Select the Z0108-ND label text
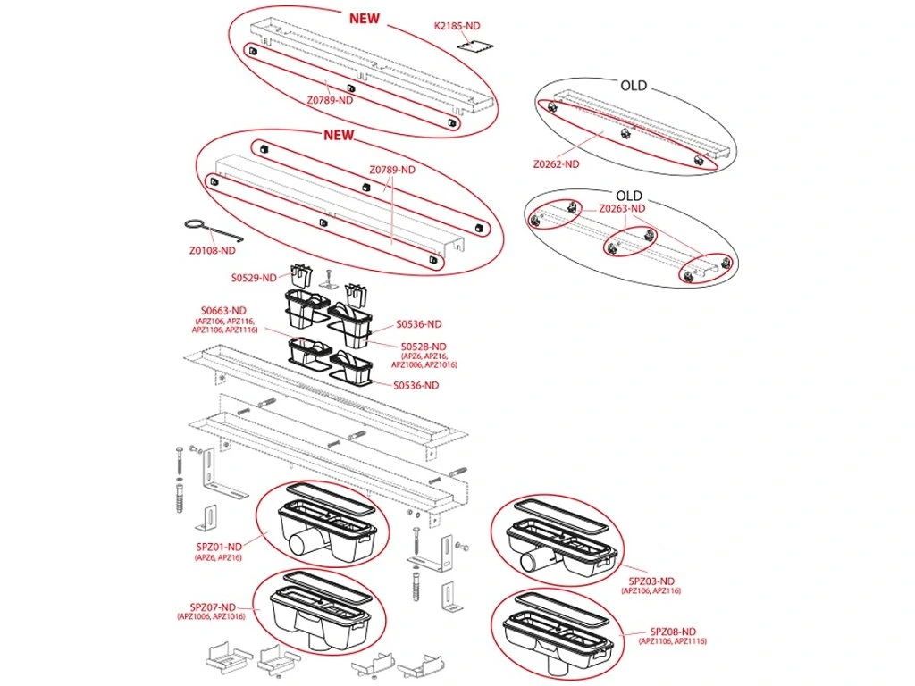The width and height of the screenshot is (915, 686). tap(212, 251)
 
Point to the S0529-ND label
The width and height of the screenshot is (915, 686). tap(255, 278)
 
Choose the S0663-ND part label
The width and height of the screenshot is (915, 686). tap(223, 310)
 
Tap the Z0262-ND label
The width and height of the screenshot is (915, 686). tap(556, 164)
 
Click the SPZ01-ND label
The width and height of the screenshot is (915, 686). tap(219, 547)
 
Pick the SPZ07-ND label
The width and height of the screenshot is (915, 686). tap(212, 606)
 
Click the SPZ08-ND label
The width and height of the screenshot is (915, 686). tap(673, 632)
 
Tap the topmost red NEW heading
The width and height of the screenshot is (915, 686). tap(364, 18)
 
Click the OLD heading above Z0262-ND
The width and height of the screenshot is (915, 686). tap(634, 87)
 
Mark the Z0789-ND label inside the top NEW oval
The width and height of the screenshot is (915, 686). tap(330, 101)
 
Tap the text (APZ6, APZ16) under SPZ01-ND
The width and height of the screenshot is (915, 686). tap(218, 557)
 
